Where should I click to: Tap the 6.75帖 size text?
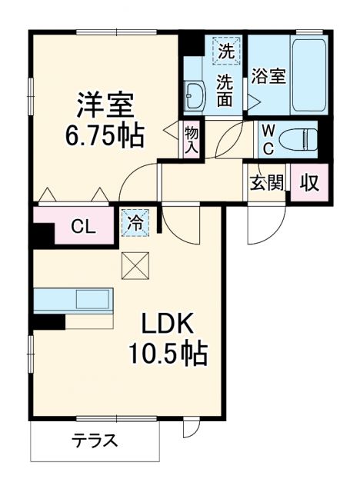104,137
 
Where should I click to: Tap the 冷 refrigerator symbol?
135,223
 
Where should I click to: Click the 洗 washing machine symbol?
225,52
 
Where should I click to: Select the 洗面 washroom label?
225,89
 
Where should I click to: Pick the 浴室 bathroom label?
268,77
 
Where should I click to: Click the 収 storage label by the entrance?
309,184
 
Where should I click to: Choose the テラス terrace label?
95,441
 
